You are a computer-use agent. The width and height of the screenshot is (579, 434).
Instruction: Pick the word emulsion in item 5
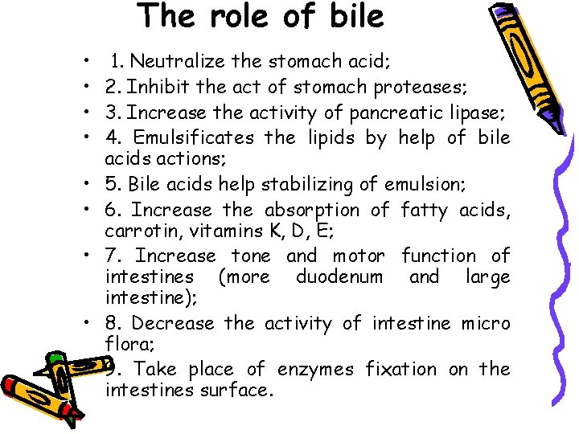coord(421,184)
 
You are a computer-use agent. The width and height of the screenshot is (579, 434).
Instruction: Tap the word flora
coord(123,345)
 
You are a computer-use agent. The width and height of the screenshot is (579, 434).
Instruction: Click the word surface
coord(239,391)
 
